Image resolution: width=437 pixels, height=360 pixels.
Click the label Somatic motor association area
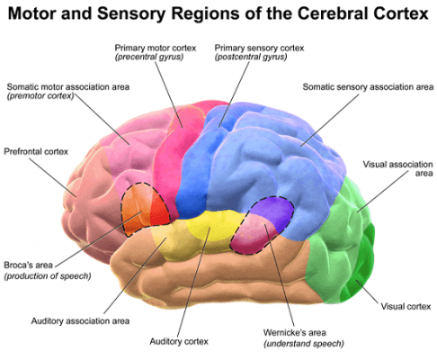tap(67, 86)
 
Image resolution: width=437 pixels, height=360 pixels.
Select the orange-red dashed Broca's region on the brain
tap(145, 210)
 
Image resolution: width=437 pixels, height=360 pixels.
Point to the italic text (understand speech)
tap(303, 344)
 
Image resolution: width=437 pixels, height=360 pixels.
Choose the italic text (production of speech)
tap(47, 276)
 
